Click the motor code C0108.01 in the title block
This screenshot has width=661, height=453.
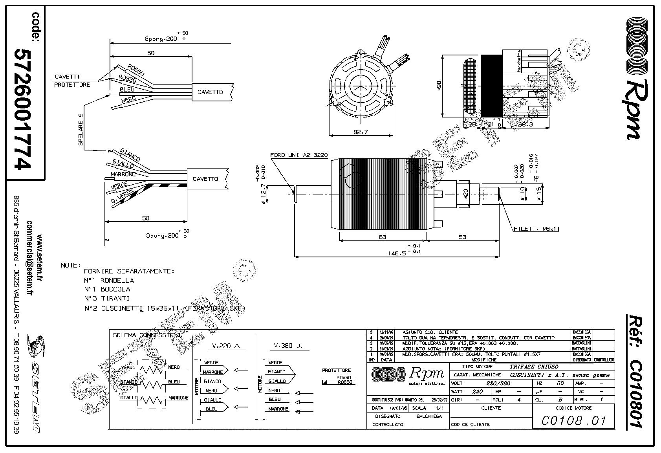click(x=573, y=421)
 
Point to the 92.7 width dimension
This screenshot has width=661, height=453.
click(x=360, y=132)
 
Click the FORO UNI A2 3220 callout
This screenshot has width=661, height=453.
click(x=299, y=155)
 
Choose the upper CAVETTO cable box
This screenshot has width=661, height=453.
click(x=210, y=92)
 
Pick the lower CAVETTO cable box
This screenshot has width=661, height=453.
click(x=205, y=179)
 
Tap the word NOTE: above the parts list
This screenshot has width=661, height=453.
click(x=71, y=265)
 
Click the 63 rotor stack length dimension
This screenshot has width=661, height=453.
click(x=382, y=237)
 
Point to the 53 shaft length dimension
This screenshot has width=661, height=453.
click(x=462, y=237)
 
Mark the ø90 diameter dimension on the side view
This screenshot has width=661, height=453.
click(x=439, y=86)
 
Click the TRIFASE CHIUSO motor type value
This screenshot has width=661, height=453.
click(x=534, y=367)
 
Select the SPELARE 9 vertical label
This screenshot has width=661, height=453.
click(x=81, y=130)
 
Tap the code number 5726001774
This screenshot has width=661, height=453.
click(x=23, y=109)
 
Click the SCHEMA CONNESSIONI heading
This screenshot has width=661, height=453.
click(x=146, y=335)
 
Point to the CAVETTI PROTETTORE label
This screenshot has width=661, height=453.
click(x=72, y=81)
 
